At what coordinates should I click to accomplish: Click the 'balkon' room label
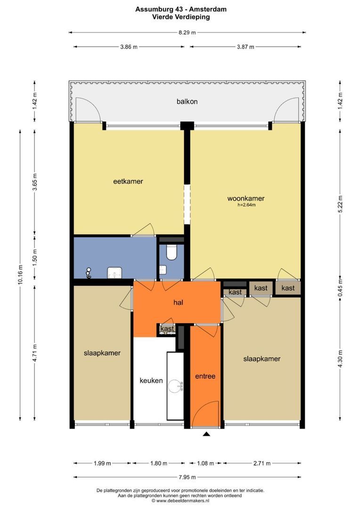[x=187, y=102]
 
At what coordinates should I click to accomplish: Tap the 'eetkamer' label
[x=128, y=181]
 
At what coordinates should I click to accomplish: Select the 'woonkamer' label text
[x=246, y=198]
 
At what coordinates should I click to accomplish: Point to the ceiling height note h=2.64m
[x=246, y=205]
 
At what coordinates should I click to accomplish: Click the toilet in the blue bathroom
[x=172, y=252]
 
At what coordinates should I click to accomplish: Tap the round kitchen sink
[x=176, y=386]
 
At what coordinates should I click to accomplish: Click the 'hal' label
[x=178, y=303]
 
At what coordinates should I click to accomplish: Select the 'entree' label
[x=205, y=376]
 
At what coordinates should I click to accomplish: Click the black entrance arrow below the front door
[x=206, y=434]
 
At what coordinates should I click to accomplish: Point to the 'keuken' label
[x=151, y=380]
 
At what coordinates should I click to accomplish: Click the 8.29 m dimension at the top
[x=188, y=33]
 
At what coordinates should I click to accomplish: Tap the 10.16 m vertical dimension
[x=20, y=275]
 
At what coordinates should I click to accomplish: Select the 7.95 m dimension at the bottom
[x=188, y=477]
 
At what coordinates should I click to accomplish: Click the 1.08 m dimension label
[x=205, y=463]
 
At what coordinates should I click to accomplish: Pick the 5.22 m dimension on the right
[x=340, y=204]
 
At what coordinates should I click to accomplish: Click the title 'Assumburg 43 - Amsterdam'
[x=181, y=9]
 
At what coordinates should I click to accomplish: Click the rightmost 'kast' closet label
[x=288, y=288]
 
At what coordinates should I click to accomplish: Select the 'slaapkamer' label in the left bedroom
[x=102, y=353]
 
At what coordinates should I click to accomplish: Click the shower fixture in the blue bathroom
[x=88, y=273]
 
